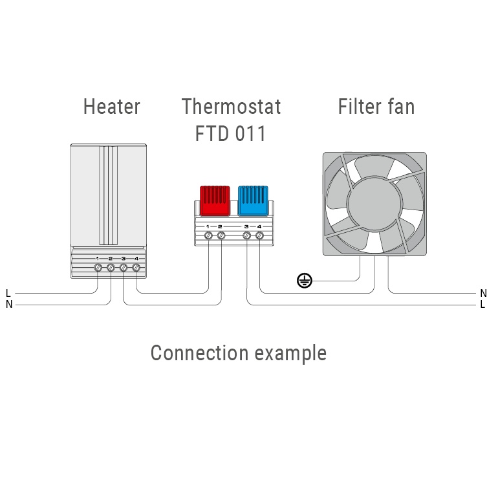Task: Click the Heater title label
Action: (x=111, y=107)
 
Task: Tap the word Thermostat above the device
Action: (x=231, y=107)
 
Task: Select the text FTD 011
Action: (x=231, y=134)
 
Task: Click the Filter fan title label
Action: (x=376, y=107)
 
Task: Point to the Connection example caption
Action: (x=238, y=353)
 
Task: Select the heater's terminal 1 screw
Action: (x=97, y=267)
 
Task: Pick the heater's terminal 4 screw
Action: (x=136, y=267)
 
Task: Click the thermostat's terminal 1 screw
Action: (x=208, y=236)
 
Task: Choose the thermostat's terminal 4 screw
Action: (x=259, y=236)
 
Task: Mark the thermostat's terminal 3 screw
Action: (x=246, y=236)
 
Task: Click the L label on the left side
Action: (x=8, y=293)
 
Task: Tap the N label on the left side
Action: (x=8, y=304)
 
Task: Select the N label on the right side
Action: (x=483, y=293)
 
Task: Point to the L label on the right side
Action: (x=483, y=304)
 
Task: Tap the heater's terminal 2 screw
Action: (x=110, y=267)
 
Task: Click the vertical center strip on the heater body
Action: (x=109, y=194)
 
